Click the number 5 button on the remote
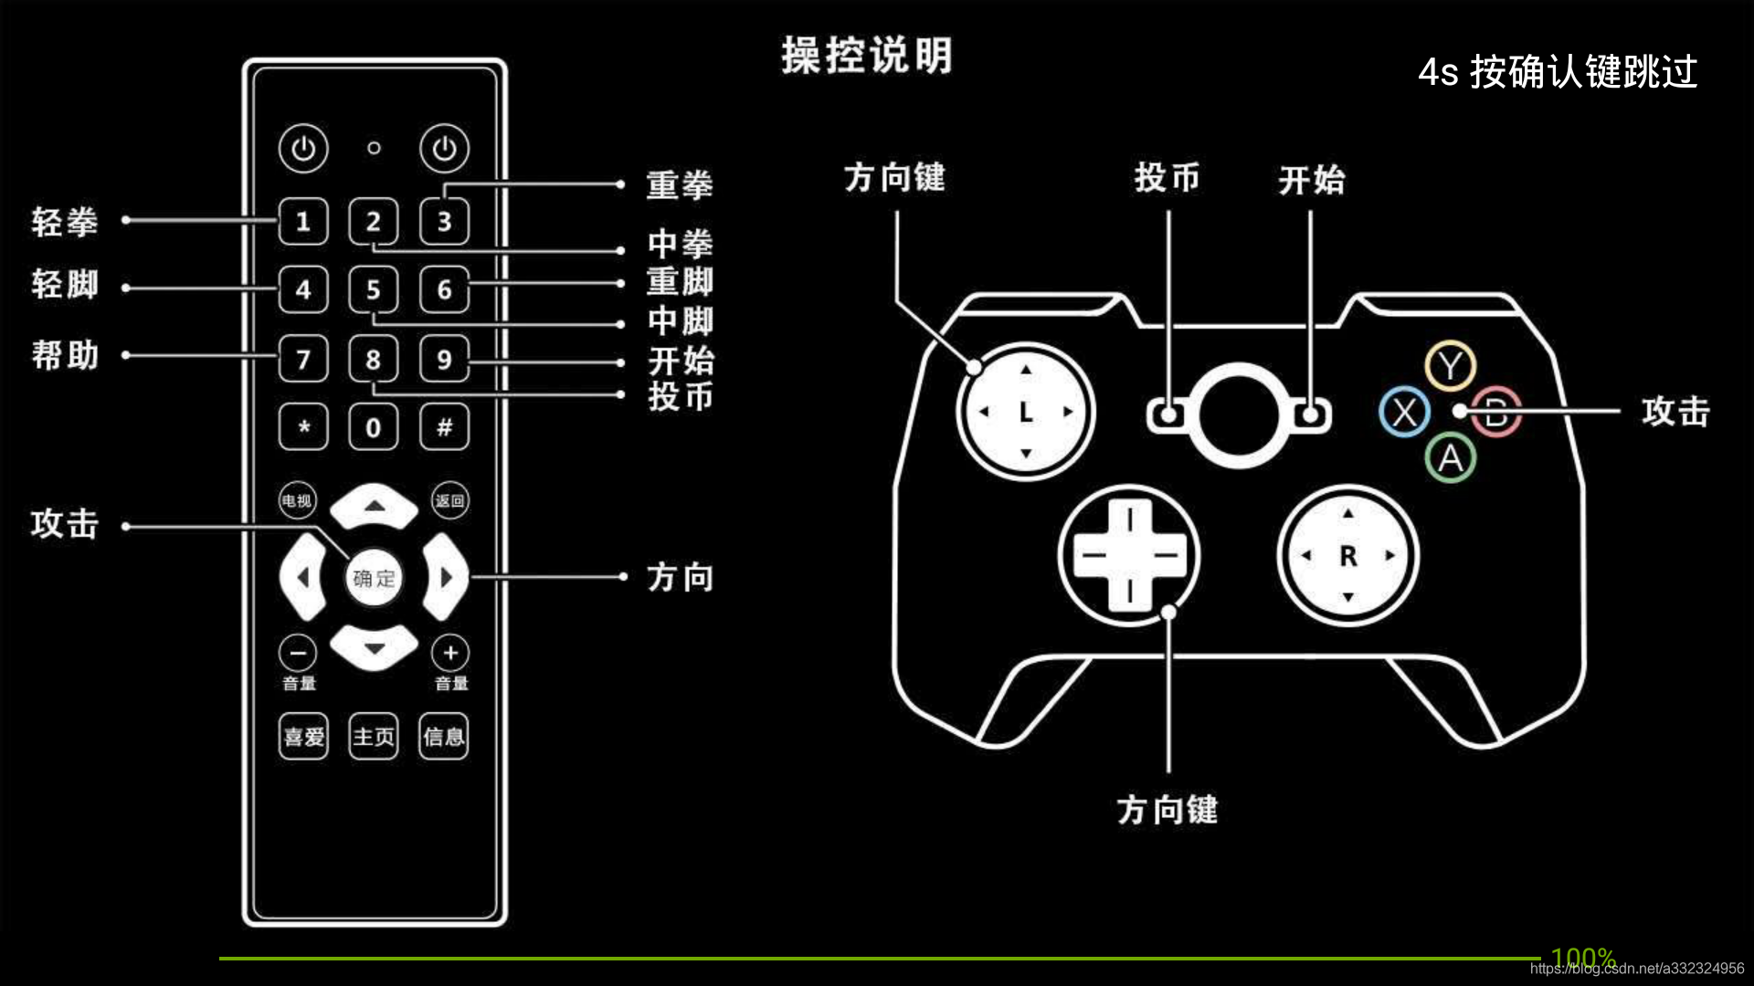[x=373, y=289]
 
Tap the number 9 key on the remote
[x=444, y=359]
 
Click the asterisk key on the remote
[x=303, y=426]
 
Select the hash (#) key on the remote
[x=444, y=426]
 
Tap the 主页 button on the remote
[x=374, y=736]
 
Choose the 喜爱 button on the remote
[x=303, y=736]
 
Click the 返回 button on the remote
[x=449, y=500]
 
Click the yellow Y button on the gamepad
[x=1450, y=366]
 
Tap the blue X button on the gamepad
[x=1404, y=412]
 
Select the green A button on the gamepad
[x=1450, y=457]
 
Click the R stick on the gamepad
[x=1347, y=555]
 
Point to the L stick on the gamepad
[x=1025, y=412]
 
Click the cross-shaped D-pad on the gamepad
[x=1129, y=555]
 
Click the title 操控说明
[x=866, y=56]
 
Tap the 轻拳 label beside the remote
[x=64, y=222]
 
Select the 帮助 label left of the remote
[x=64, y=354]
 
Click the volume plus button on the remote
[x=450, y=653]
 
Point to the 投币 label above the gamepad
[x=1167, y=177]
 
